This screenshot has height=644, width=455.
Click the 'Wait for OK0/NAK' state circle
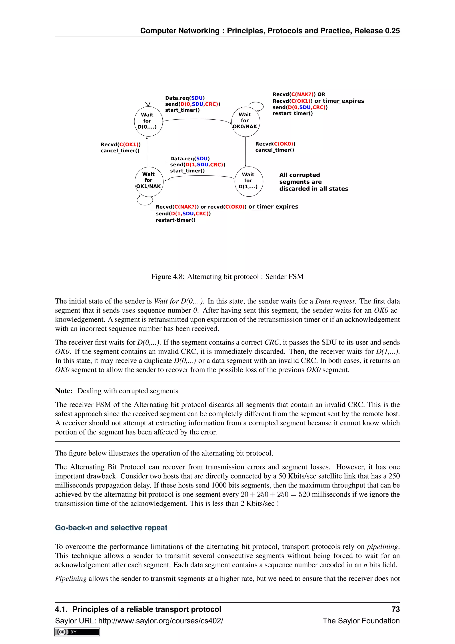pyautogui.click(x=246, y=121)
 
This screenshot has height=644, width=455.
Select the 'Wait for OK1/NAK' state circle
pyautogui.click(x=149, y=181)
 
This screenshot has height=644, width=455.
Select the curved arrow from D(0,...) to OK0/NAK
pyautogui.click(x=196, y=119)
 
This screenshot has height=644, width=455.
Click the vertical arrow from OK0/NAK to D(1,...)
pyautogui.click(x=246, y=152)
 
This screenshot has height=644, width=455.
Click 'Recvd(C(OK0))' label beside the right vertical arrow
pyautogui.click(x=275, y=144)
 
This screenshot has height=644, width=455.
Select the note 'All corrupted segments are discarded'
pyautogui.click(x=313, y=182)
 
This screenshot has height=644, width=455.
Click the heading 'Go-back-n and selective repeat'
pyautogui.click(x=111, y=528)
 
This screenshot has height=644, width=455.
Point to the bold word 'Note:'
pyautogui.click(x=64, y=391)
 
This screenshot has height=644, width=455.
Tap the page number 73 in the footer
pyautogui.click(x=395, y=609)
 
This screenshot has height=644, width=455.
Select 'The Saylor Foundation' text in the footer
pyautogui.click(x=361, y=621)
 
